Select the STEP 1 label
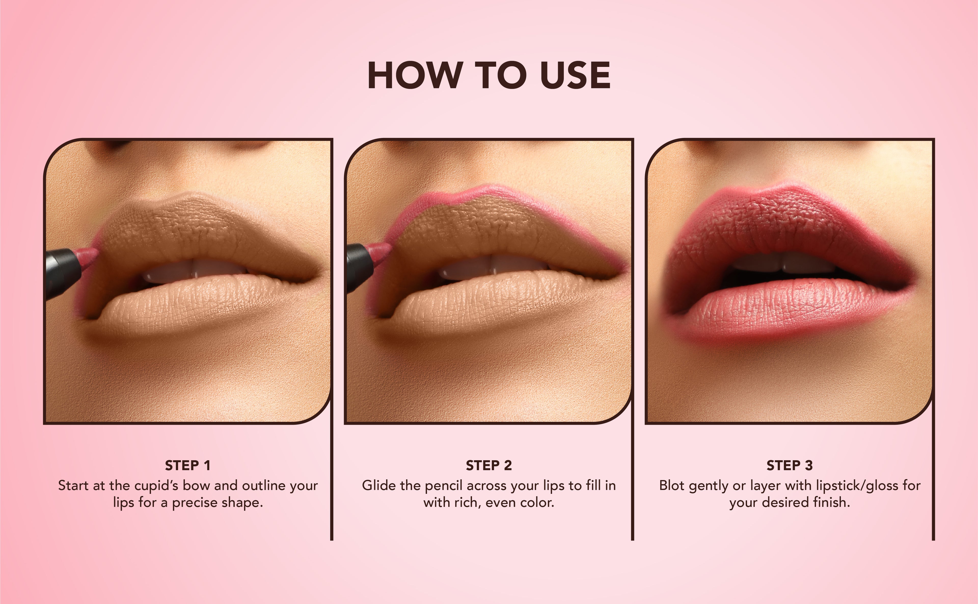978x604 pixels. pos(187,465)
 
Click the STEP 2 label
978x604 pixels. pos(488,465)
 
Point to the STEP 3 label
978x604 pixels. pos(790,465)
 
